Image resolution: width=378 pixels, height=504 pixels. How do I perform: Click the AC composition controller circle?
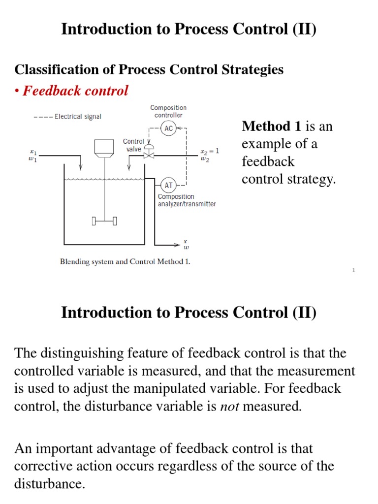coord(169,128)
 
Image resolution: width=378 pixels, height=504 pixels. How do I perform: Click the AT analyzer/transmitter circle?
coord(169,186)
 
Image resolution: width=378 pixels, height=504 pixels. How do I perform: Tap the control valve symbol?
coord(146,154)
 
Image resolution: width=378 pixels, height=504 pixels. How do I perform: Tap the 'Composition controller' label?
coord(168,111)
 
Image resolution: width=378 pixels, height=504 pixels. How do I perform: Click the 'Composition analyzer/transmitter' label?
coord(187,200)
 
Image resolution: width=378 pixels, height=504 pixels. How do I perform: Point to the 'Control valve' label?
coord(133,145)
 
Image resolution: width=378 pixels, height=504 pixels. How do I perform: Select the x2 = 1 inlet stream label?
coord(209,152)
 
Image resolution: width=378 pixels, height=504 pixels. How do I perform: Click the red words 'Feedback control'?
coord(76,91)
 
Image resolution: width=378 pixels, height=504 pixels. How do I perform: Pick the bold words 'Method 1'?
coord(271,126)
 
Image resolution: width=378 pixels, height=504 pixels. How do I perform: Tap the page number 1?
coord(353,270)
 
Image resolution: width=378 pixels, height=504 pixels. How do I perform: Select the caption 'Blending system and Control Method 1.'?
coord(125,262)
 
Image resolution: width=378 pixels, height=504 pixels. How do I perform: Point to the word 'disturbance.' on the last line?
coord(49,484)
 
